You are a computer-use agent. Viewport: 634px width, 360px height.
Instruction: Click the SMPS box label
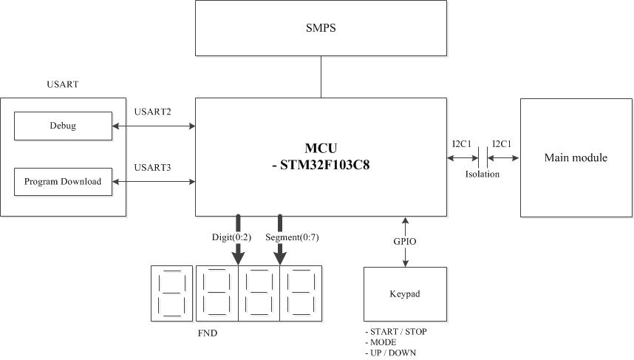pos(321,28)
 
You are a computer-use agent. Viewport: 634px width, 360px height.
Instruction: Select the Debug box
pos(63,126)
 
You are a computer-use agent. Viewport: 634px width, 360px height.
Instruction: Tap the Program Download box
pos(63,182)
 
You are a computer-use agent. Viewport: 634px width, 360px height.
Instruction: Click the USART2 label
pos(152,112)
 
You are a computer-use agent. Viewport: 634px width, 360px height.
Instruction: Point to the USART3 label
pos(152,168)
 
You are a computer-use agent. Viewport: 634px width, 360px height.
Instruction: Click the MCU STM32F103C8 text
pos(321,157)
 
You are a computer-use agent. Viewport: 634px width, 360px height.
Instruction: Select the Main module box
pos(576,157)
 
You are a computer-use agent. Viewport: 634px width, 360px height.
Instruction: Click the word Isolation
pos(483,174)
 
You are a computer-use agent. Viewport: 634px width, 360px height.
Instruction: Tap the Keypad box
pos(405,294)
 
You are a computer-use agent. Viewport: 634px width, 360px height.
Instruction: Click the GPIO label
pos(405,242)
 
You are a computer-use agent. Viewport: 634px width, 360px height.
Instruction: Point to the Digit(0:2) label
pos(232,237)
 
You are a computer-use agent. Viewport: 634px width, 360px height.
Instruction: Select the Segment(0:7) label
pos(292,237)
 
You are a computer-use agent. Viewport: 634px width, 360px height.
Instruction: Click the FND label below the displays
pos(208,333)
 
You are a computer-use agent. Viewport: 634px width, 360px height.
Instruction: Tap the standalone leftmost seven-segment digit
pos(172,293)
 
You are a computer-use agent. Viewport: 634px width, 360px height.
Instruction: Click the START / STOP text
pos(398,332)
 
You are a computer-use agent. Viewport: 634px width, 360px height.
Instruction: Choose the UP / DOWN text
pos(393,353)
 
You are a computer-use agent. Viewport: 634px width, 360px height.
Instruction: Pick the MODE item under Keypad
pos(383,342)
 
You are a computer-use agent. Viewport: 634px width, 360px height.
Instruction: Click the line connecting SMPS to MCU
pos(321,77)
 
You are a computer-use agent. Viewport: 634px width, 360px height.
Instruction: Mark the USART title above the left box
pos(63,84)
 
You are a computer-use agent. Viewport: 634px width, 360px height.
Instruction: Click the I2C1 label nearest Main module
pos(502,144)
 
